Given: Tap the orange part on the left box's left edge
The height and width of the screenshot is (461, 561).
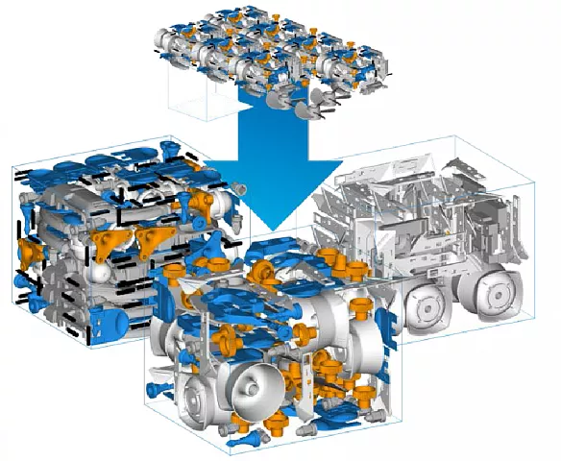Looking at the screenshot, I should (28, 253).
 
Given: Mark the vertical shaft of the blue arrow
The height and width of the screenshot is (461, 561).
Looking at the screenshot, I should (274, 144).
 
